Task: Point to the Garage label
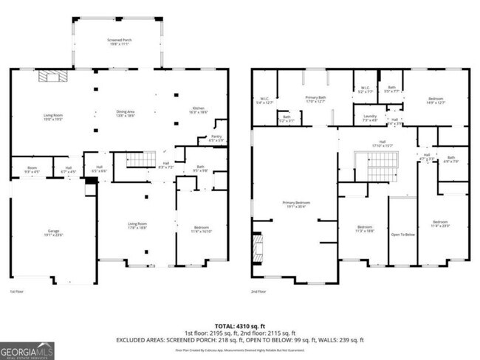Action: pyautogui.click(x=53, y=233)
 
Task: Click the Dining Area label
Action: pyautogui.click(x=126, y=114)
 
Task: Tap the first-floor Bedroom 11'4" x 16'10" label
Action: pyautogui.click(x=202, y=229)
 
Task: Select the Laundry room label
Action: pyautogui.click(x=369, y=117)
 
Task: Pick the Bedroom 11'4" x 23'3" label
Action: pyautogui.click(x=441, y=224)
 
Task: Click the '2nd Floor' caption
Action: pyautogui.click(x=258, y=293)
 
